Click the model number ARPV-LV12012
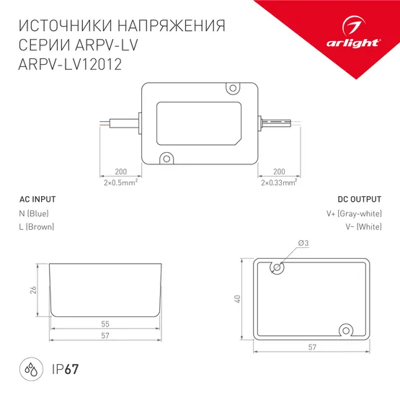(x=68, y=64)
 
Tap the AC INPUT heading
(x=37, y=199)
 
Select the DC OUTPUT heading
(x=360, y=199)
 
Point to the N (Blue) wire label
(x=34, y=214)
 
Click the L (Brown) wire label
(x=37, y=227)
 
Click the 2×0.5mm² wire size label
(x=120, y=183)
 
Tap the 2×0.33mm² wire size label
(x=279, y=183)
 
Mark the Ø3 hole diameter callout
(x=302, y=244)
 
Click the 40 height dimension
(x=236, y=299)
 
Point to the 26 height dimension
(x=33, y=290)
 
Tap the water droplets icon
(x=31, y=370)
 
